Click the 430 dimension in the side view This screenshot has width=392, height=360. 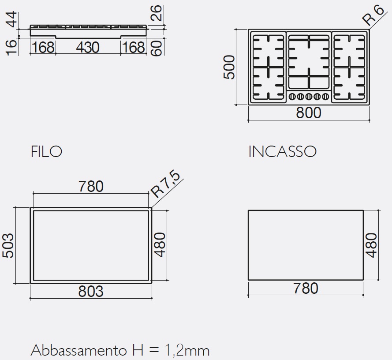click(x=87, y=47)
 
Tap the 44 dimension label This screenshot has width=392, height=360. click(x=12, y=19)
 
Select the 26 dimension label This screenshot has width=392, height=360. click(x=157, y=13)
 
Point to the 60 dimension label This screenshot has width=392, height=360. click(x=157, y=48)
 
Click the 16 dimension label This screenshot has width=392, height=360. click(x=12, y=47)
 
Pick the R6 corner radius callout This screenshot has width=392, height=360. click(x=373, y=15)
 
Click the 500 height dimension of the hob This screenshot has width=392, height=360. click(x=229, y=67)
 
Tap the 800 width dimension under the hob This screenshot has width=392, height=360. click(x=309, y=113)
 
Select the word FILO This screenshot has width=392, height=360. click(x=46, y=152)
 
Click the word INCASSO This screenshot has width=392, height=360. click(x=283, y=152)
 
